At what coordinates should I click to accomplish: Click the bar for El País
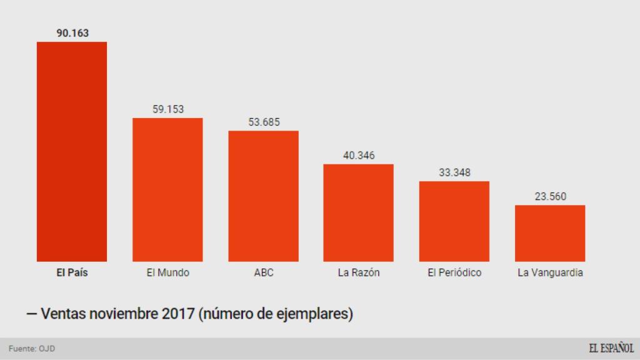pos(72,151)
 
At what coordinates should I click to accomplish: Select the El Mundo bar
pos(167,189)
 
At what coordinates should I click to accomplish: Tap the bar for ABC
pos(263,196)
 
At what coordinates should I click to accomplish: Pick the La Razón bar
pos(358,212)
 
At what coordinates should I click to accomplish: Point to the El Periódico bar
pos(454,221)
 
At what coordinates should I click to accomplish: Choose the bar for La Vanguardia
pos(550,233)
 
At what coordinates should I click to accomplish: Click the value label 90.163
pos(72,33)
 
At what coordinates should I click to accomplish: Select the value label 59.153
pos(167,109)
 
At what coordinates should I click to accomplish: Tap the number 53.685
pos(263,122)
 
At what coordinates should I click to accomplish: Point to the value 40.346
pos(358,155)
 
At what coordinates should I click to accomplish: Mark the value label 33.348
pos(454,172)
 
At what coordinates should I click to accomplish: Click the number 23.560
pos(550,196)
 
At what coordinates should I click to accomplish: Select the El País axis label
pos(72,273)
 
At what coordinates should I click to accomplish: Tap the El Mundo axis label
pos(167,273)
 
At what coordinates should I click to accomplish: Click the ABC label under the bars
pos(263,273)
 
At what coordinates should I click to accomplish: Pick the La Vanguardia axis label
pos(550,273)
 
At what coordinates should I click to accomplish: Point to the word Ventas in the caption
pos(63,313)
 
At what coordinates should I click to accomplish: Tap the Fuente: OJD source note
pos(31,349)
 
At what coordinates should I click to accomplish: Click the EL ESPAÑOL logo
pos(611,349)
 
